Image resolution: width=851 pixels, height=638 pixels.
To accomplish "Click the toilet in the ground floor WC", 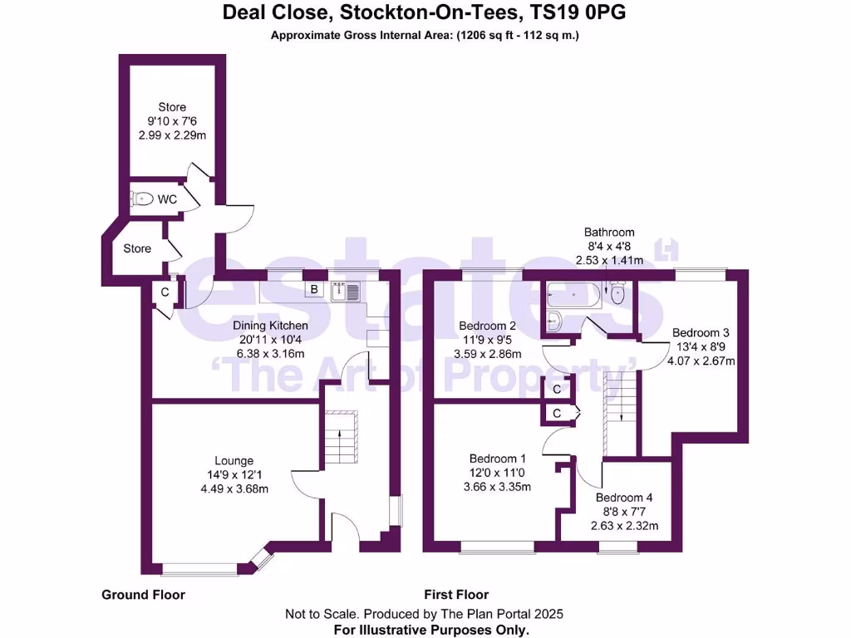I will coord(143,199).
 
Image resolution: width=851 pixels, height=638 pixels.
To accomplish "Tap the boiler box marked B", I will coord(314,290).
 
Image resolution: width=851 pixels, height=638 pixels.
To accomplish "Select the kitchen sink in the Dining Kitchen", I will coord(345,291).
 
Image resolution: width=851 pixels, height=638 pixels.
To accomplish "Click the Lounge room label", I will coord(234,461).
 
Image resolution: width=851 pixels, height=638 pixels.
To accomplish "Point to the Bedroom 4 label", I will coord(624,498).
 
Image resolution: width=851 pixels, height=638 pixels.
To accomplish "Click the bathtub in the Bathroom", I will coord(573,294).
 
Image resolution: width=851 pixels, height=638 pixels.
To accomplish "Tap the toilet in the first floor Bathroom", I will coord(616,292).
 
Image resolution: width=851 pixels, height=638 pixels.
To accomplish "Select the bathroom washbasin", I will coord(554,320).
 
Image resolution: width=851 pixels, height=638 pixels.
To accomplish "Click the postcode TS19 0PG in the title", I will coord(582,12).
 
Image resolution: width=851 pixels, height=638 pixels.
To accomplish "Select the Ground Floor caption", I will coord(143,595).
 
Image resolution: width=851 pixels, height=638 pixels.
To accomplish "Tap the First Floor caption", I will coord(456,595).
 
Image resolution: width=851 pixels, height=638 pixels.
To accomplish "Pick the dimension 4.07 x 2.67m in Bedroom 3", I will coord(703,361).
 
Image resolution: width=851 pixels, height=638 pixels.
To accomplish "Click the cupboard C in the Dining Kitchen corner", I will coord(165,292).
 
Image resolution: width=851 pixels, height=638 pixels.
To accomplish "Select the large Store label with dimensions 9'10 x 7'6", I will coord(172,107).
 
